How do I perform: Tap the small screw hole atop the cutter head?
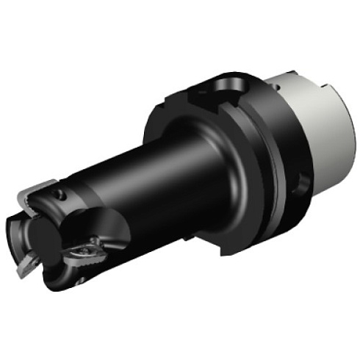click(x=58, y=194)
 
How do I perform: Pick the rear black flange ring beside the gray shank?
click(x=283, y=147)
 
